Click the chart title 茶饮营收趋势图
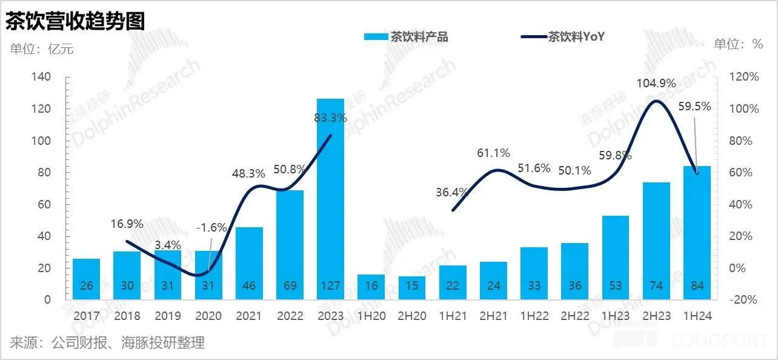76,21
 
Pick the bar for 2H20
411,287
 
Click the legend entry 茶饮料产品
406,37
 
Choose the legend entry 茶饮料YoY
564,37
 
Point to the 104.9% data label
656,84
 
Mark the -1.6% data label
212,228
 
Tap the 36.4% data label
452,193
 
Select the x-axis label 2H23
656,316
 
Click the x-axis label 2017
87,316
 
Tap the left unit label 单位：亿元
41,49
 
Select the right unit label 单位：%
738,44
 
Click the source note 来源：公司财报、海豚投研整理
108,343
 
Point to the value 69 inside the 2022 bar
290,286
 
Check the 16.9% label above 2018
127,224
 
